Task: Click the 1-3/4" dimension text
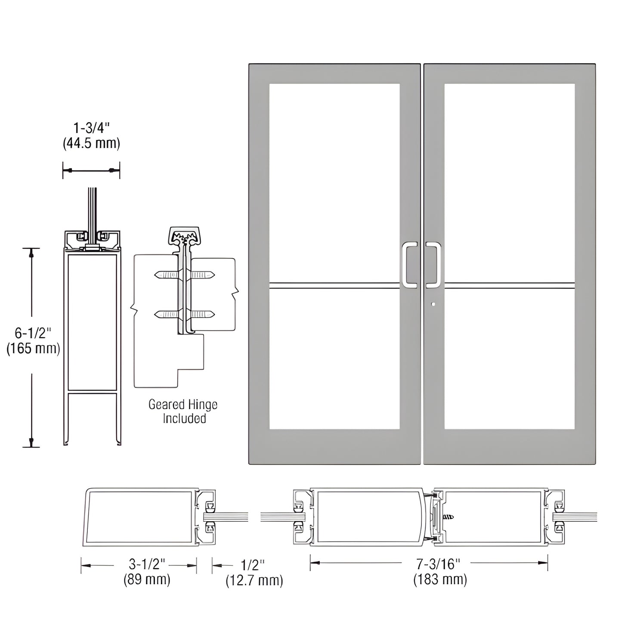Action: (x=91, y=128)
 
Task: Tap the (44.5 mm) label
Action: (x=91, y=143)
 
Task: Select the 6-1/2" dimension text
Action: (x=33, y=333)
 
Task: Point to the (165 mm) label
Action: (x=33, y=348)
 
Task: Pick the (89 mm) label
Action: (x=147, y=580)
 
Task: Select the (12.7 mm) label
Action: (x=254, y=581)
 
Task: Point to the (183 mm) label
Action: (x=440, y=580)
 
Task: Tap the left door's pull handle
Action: (x=409, y=265)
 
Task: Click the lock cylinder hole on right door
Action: (x=433, y=304)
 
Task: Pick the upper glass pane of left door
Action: (x=334, y=183)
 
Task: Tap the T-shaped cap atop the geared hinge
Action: (x=185, y=235)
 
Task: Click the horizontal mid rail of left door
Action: (x=334, y=285)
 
